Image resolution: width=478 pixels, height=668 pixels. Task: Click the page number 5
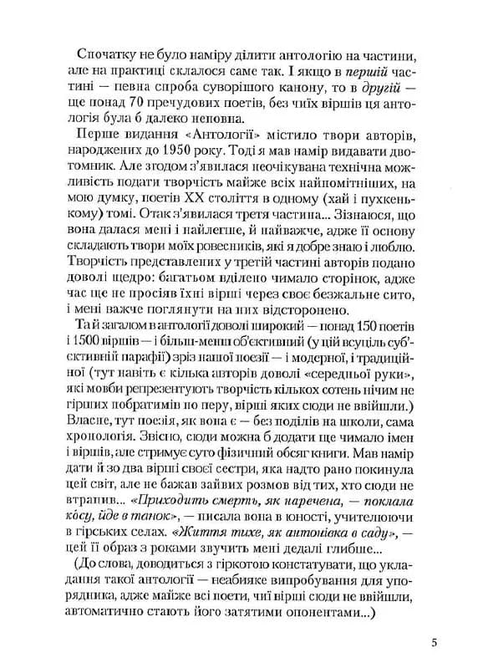pyautogui.click(x=435, y=642)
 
